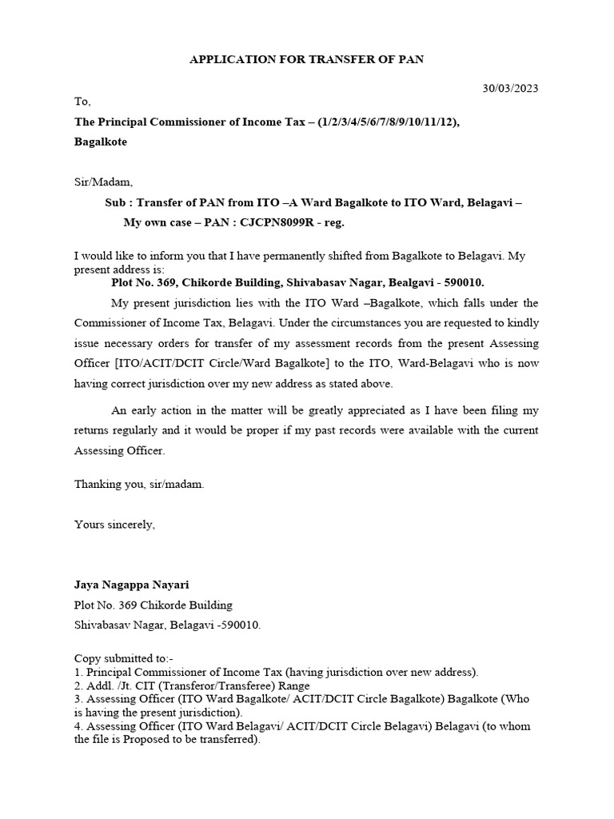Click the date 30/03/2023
[x=509, y=88]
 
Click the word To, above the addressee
[x=83, y=102]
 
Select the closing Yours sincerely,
[x=114, y=525]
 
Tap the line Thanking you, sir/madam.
[x=139, y=485]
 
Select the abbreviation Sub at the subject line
[x=116, y=203]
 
